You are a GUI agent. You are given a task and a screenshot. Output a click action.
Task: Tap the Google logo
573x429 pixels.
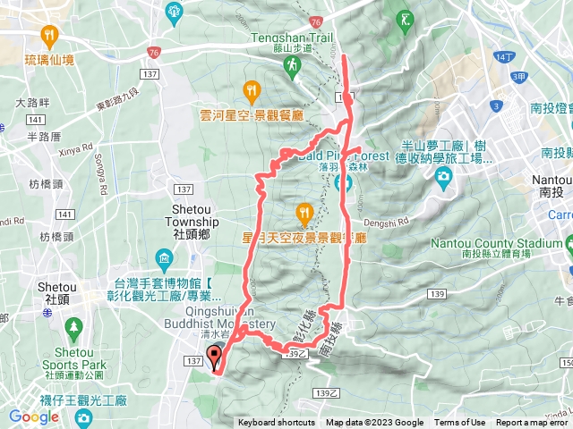(x=34, y=416)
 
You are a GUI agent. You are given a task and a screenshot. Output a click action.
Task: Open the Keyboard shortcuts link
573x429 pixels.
(x=277, y=423)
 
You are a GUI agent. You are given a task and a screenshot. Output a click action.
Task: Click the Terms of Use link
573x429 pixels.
(x=459, y=423)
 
